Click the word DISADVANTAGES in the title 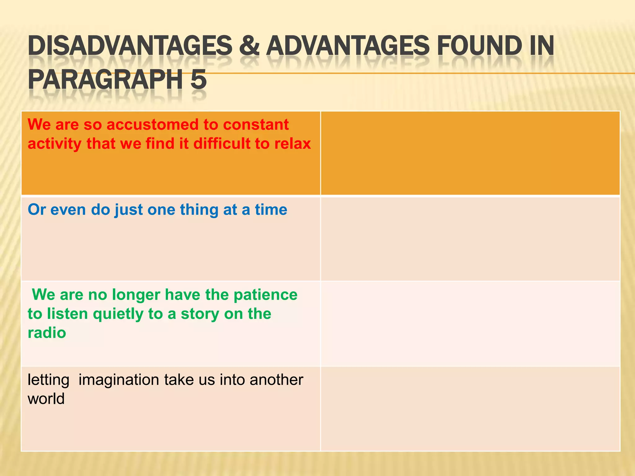click(x=130, y=46)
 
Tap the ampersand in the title click(x=249, y=46)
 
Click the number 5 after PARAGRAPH click(x=198, y=79)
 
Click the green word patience click(x=265, y=295)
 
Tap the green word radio click(x=47, y=333)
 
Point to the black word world click(x=46, y=399)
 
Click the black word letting click(x=48, y=380)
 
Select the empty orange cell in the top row click(x=470, y=153)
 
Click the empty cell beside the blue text click(x=470, y=239)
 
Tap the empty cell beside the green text click(x=470, y=324)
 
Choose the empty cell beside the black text click(x=470, y=408)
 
